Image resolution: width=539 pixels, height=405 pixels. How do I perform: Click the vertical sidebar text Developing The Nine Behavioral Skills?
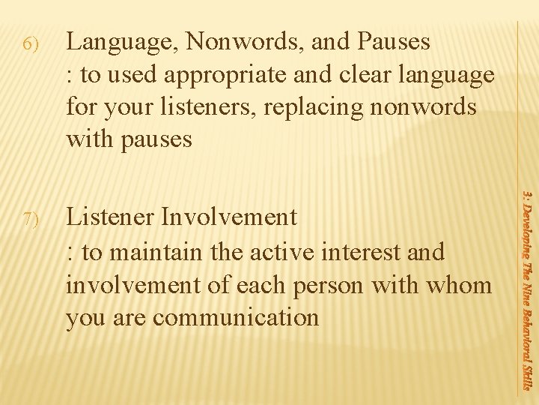tap(527, 289)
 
